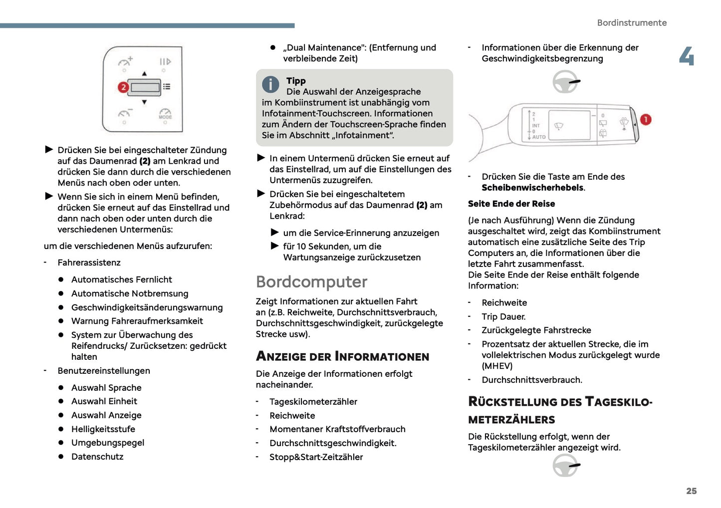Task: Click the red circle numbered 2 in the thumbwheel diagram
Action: point(123,87)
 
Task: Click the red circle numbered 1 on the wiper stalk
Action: point(645,120)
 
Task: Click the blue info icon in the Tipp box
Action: point(270,84)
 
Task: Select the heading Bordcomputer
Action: point(311,281)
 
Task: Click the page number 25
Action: point(691,491)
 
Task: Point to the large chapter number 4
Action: point(687,56)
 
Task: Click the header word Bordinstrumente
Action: point(631,22)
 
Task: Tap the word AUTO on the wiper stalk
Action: point(538,137)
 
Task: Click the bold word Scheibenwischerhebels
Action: point(532,188)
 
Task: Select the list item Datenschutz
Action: point(97,457)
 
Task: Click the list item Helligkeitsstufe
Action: point(103,429)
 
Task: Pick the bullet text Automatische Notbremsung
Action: point(130,293)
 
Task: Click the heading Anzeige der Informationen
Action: point(342,356)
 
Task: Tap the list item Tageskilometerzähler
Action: point(313,402)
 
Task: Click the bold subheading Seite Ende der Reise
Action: point(511,204)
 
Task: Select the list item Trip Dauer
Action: point(503,316)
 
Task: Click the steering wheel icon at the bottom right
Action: point(566,466)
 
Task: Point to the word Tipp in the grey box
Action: point(296,81)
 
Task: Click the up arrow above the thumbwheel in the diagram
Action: point(144,73)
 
